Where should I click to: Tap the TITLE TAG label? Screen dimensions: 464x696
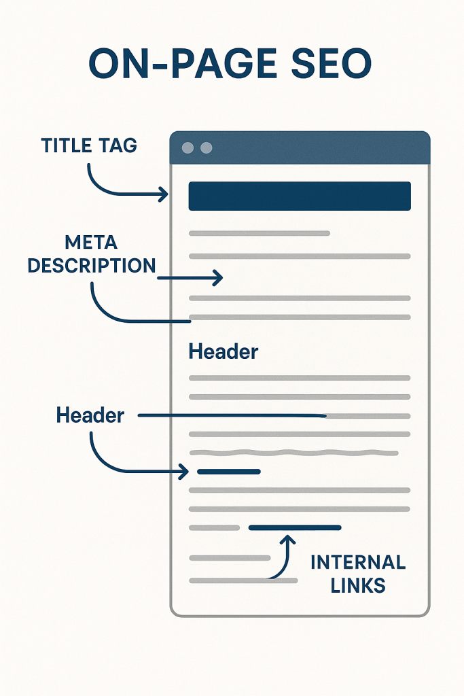pyautogui.click(x=89, y=145)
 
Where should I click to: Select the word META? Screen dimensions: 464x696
pyautogui.click(x=91, y=243)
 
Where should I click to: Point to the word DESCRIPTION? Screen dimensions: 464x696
pyautogui.click(x=92, y=266)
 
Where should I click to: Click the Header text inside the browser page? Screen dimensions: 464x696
pyautogui.click(x=223, y=351)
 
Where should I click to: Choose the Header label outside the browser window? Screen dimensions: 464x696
pyautogui.click(x=90, y=415)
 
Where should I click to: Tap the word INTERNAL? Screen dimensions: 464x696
pyautogui.click(x=358, y=562)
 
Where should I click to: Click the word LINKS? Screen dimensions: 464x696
pyautogui.click(x=358, y=585)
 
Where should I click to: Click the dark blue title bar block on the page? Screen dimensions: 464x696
pyautogui.click(x=300, y=196)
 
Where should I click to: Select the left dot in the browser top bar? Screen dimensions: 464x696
pyautogui.click(x=188, y=147)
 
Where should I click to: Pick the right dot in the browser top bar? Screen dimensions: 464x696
pyautogui.click(x=207, y=147)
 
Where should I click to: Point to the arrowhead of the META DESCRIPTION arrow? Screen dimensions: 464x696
pyautogui.click(x=218, y=278)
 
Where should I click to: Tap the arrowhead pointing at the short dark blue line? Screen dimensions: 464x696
pyautogui.click(x=184, y=472)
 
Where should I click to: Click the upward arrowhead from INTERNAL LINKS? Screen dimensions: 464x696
pyautogui.click(x=288, y=540)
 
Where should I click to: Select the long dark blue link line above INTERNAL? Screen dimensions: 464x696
pyautogui.click(x=295, y=527)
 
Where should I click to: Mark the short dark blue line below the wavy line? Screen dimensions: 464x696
pyautogui.click(x=229, y=472)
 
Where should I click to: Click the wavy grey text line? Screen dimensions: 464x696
pyautogui.click(x=293, y=453)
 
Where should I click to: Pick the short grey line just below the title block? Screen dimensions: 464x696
pyautogui.click(x=260, y=233)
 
